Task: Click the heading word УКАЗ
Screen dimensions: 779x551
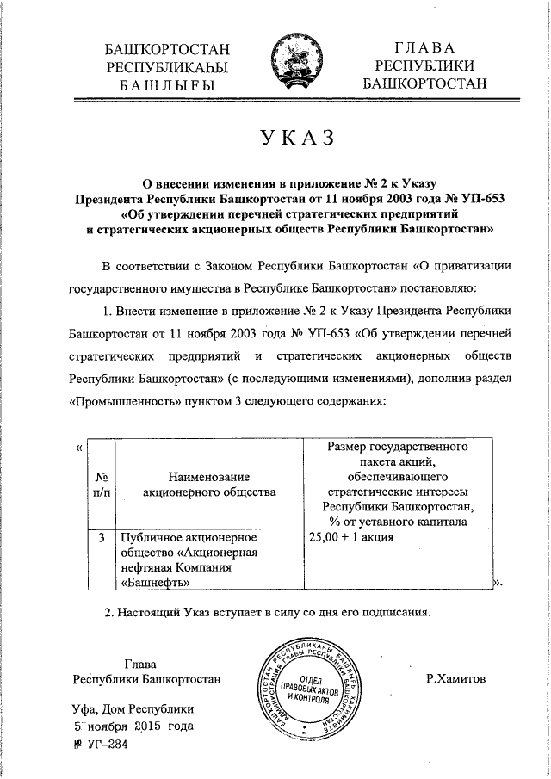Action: [x=292, y=139]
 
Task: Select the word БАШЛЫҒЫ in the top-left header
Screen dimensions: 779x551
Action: [x=166, y=85]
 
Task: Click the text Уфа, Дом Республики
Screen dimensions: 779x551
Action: [x=133, y=708]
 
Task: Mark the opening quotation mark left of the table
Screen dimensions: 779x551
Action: [x=79, y=447]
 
